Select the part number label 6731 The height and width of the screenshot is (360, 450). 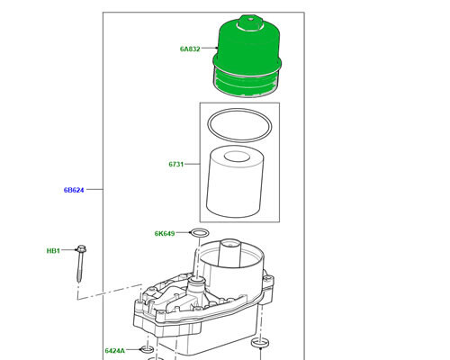175,165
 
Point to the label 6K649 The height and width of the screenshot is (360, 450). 166,234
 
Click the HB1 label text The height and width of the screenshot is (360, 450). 54,251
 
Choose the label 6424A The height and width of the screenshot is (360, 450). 115,349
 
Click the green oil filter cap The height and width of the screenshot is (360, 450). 247,54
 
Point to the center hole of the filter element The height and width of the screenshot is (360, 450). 238,158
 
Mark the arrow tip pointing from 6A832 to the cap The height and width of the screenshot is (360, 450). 219,49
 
